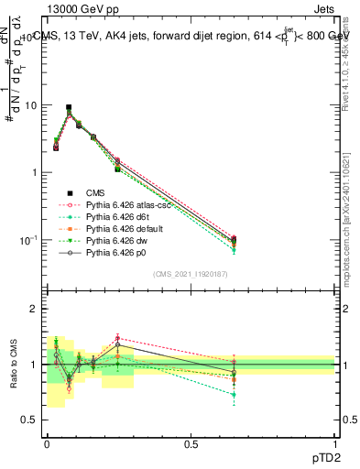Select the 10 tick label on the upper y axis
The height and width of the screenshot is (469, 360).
(30, 105)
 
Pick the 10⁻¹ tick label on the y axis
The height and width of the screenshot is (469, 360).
(27, 240)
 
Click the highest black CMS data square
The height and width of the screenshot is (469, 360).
(69, 107)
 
